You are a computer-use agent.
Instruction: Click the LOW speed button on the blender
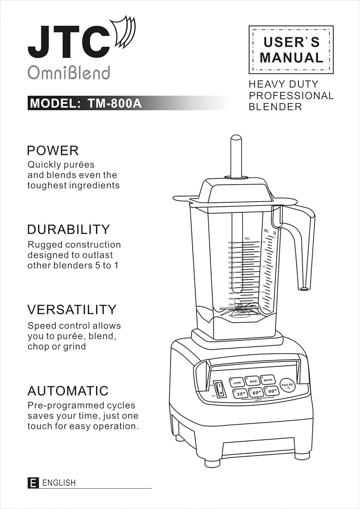(x=237, y=382)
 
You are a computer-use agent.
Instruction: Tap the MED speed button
(x=253, y=381)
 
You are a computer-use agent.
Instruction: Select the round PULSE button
(x=288, y=386)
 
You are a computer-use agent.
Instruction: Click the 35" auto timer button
(x=240, y=394)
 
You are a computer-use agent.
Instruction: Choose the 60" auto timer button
(x=256, y=392)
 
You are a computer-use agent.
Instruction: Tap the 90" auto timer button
(x=271, y=391)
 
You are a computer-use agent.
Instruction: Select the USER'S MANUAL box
(x=291, y=50)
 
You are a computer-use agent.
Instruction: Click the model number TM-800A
(x=115, y=103)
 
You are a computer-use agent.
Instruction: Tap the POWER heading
(x=53, y=151)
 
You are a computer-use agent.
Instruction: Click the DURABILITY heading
(x=69, y=229)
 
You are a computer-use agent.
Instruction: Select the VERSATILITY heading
(x=72, y=309)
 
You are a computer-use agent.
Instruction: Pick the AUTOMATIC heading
(x=68, y=391)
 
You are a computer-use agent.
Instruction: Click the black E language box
(x=33, y=483)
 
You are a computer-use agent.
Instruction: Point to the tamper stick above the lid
(x=236, y=156)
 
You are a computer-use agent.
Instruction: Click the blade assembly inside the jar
(x=240, y=309)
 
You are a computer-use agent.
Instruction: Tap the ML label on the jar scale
(x=247, y=239)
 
